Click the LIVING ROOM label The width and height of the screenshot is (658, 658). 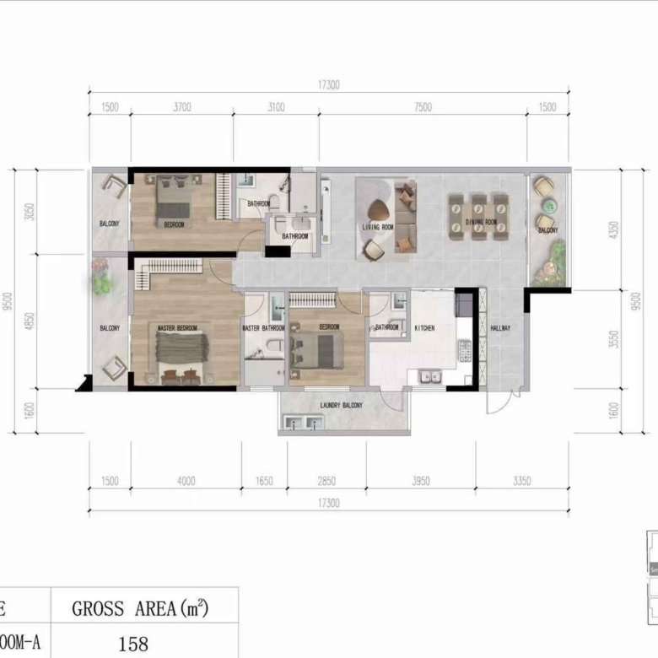[378, 227]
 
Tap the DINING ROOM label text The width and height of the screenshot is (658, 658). [481, 223]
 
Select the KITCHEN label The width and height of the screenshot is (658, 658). [423, 328]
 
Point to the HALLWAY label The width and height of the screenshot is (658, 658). [500, 328]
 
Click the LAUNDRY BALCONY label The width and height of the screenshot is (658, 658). [341, 406]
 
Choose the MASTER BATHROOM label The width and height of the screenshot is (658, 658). [263, 328]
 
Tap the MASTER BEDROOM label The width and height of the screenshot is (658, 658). [177, 327]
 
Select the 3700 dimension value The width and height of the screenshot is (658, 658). [183, 107]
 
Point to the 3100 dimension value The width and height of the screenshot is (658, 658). [277, 107]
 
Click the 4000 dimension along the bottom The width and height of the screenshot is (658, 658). [186, 482]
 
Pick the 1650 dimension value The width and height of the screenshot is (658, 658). [264, 482]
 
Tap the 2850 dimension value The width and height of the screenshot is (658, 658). [326, 482]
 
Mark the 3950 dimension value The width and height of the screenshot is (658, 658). [420, 482]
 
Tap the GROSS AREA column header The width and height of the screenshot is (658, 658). [140, 607]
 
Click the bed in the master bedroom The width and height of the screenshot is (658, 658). [180, 352]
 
